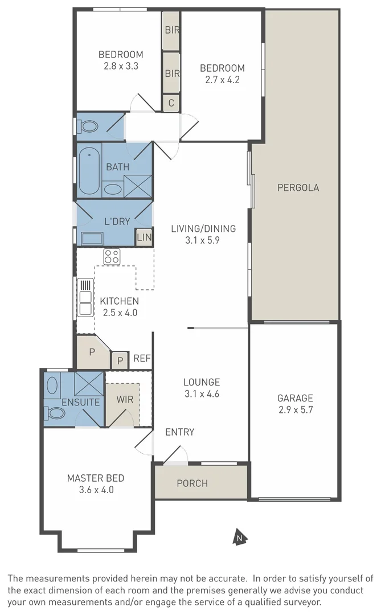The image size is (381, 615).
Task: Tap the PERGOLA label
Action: click(297, 187)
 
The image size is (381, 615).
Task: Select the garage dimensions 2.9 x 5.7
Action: click(295, 409)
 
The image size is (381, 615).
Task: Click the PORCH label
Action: click(192, 483)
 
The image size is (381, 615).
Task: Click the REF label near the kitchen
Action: click(142, 359)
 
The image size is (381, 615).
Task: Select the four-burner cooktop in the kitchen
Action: click(112, 257)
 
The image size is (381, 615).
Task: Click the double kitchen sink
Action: click(85, 296)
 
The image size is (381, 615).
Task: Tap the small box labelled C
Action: click(171, 103)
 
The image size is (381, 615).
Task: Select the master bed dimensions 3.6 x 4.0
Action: click(96, 489)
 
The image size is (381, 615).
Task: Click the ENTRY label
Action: click(179, 432)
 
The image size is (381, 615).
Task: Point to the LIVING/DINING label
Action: click(203, 229)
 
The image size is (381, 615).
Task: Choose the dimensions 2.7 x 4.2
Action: click(222, 80)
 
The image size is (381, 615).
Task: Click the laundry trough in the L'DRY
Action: click(92, 238)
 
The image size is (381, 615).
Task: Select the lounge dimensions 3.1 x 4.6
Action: click(202, 393)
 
